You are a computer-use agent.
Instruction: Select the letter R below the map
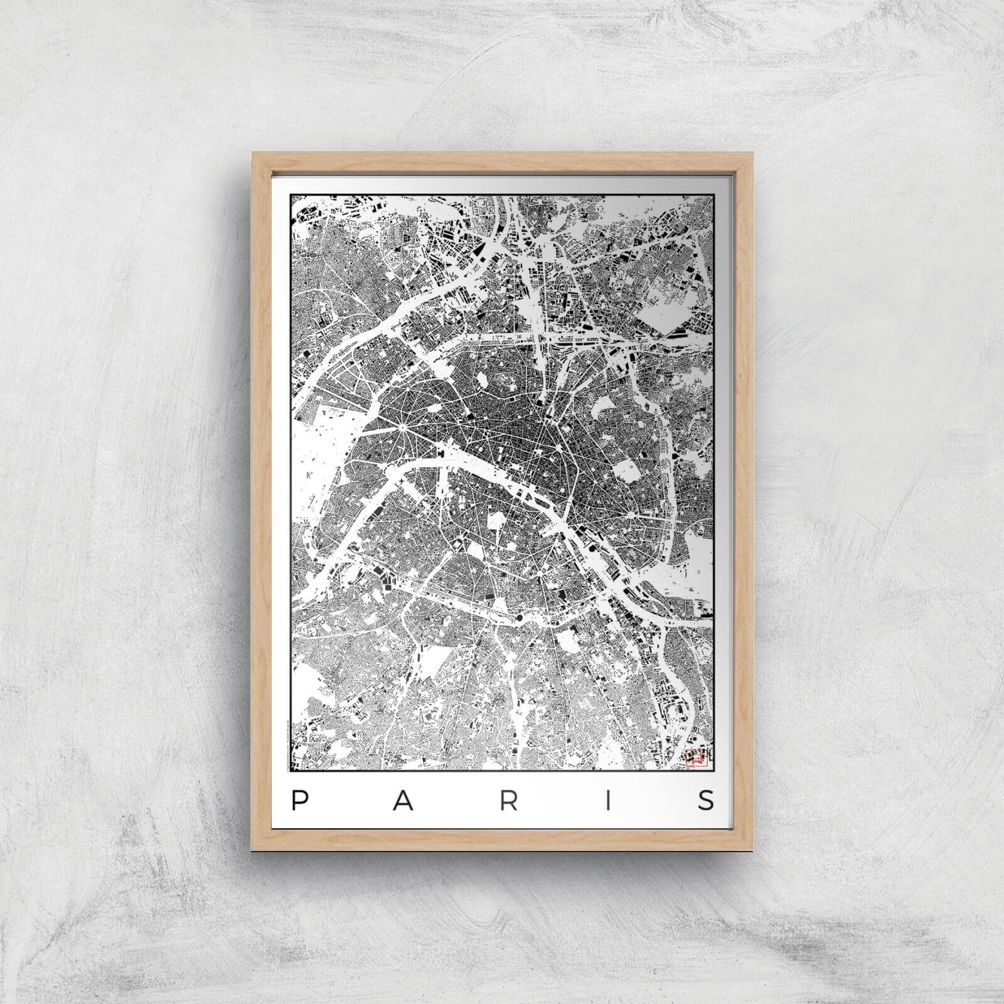click(x=510, y=800)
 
